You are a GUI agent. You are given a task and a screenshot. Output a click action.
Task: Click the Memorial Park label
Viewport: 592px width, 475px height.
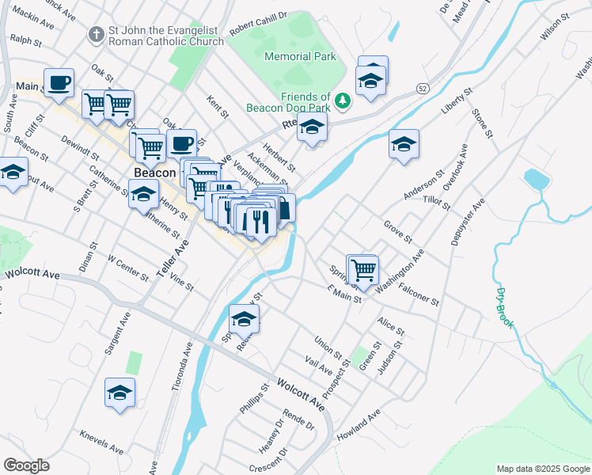(300, 56)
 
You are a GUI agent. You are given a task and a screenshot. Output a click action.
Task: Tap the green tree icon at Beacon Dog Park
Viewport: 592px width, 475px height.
(343, 101)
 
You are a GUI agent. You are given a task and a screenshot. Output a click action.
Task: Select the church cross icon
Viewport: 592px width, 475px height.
(96, 35)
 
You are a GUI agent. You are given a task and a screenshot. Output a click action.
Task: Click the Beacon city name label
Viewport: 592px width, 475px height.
(154, 173)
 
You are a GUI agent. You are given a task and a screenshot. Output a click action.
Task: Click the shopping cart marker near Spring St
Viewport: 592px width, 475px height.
(363, 269)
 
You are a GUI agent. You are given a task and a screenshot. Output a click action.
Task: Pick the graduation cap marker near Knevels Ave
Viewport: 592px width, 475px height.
(120, 393)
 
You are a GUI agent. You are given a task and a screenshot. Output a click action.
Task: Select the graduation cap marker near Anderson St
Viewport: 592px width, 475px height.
(404, 144)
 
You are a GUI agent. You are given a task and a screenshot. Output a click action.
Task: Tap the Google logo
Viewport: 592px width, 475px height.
(26, 465)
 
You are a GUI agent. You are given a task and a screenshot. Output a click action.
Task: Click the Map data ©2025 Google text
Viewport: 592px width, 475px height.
(542, 469)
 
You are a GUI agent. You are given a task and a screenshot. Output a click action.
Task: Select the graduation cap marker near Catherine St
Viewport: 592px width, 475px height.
(143, 195)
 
